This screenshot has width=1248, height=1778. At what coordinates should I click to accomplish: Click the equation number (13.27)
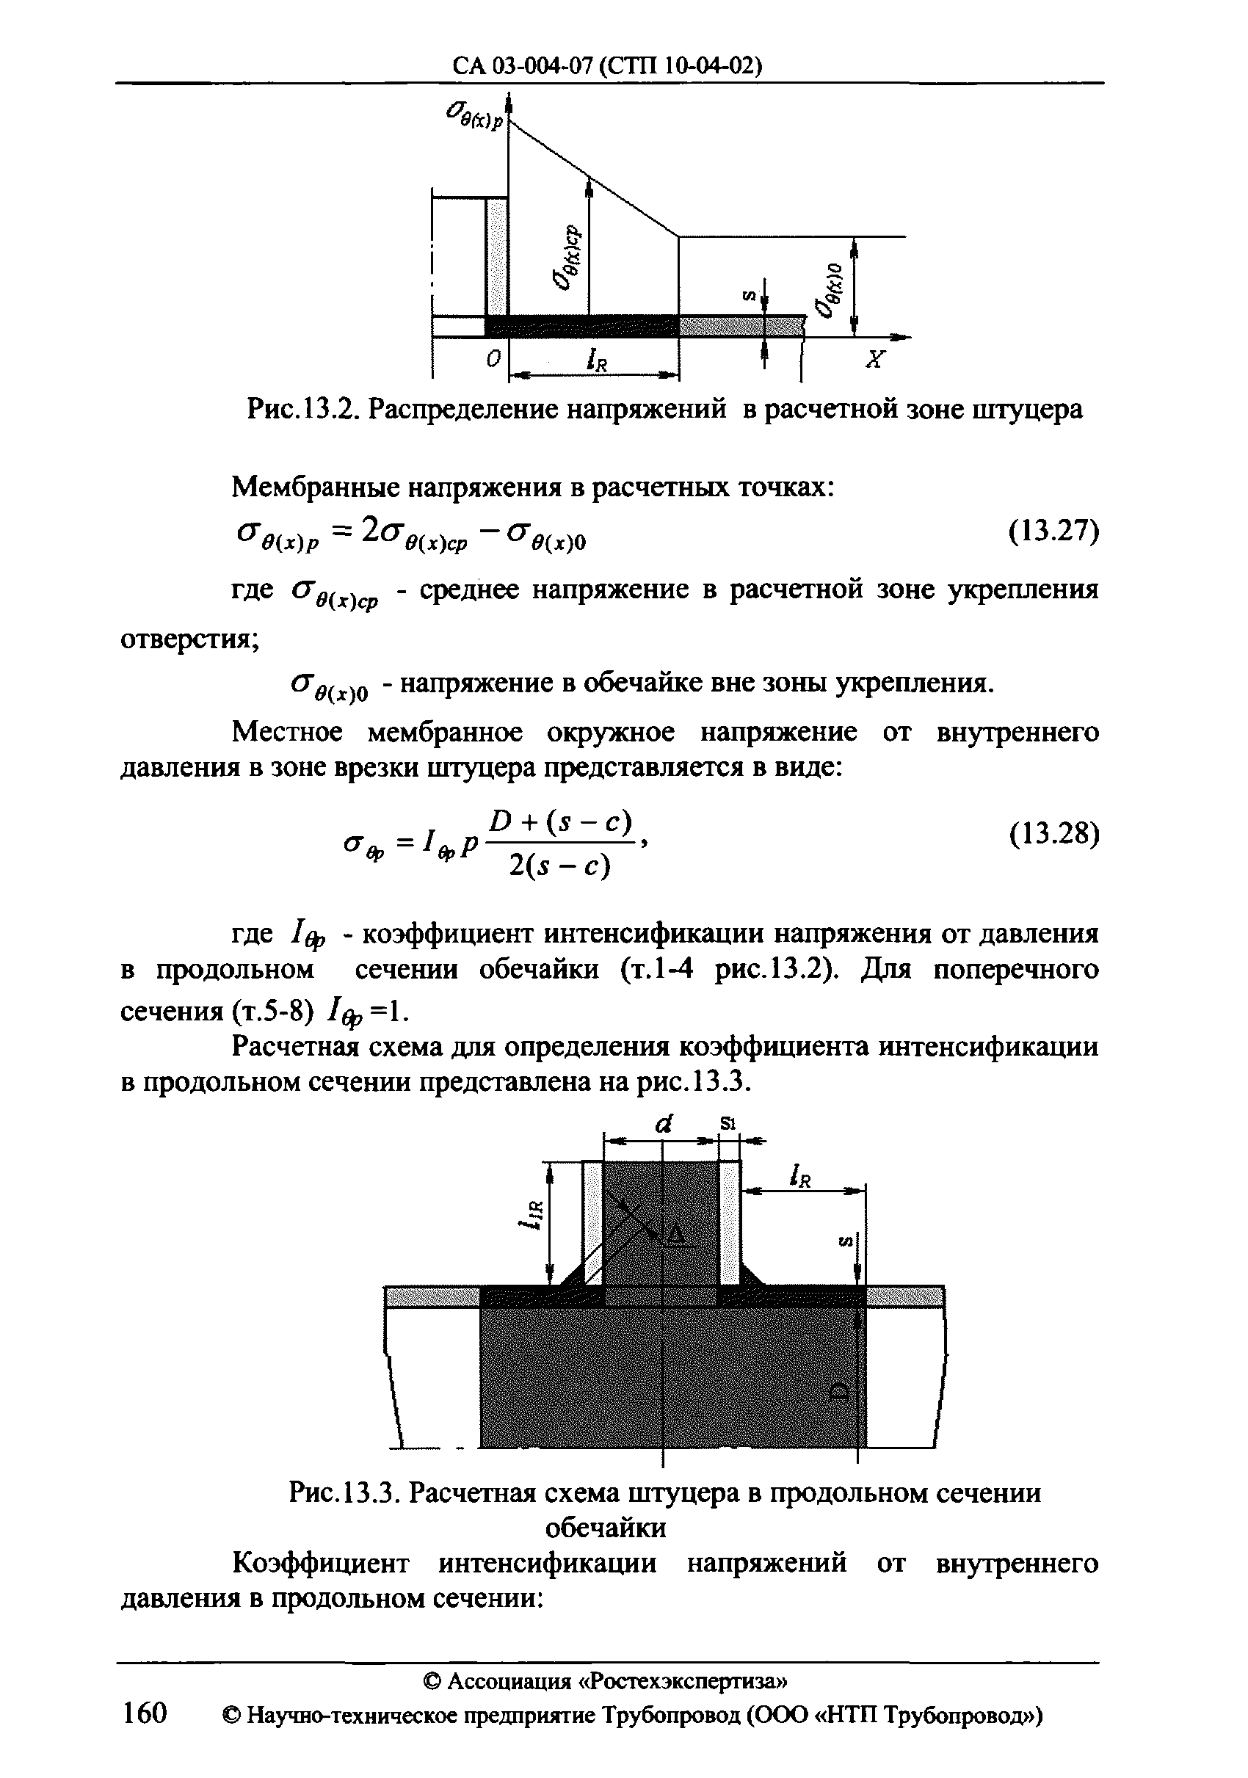point(1053,532)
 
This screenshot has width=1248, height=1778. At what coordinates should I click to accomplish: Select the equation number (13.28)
point(1053,834)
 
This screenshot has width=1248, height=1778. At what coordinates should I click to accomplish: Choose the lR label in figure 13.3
point(799,1176)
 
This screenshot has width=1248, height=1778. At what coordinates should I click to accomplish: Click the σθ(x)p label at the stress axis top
point(474,117)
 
